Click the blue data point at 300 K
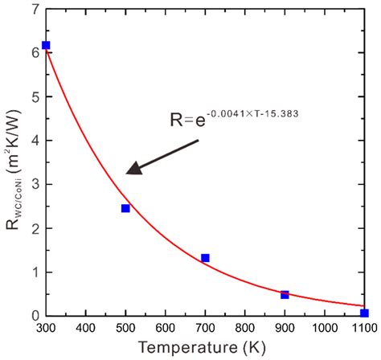[46, 45]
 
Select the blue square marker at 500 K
[125, 208]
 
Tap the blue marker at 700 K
[205, 258]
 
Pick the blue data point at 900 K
[285, 295]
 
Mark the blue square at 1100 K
[364, 313]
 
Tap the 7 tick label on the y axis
[33, 9]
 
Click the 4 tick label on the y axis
[33, 141]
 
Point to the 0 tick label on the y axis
[33, 316]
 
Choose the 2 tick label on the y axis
[33, 228]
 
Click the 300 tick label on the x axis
[46, 329]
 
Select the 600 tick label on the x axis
[166, 329]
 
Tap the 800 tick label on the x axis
[245, 329]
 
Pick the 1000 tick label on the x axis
[324, 329]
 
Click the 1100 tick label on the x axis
[363, 329]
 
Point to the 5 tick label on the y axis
[33, 96]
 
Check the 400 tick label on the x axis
[86, 329]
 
